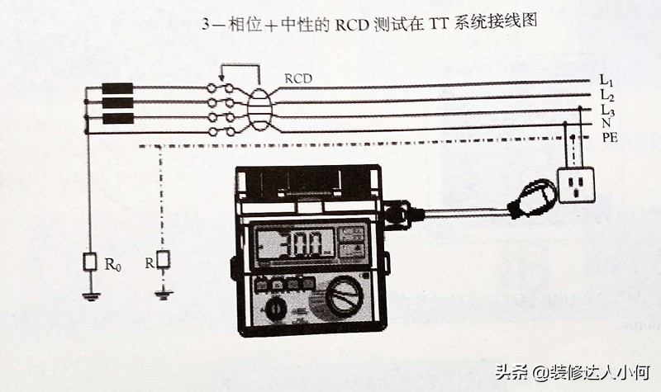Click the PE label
(x=610, y=138)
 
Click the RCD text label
(x=298, y=79)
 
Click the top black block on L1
(x=117, y=88)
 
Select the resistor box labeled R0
(x=91, y=262)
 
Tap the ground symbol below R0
(x=91, y=295)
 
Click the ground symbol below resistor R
(x=164, y=293)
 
